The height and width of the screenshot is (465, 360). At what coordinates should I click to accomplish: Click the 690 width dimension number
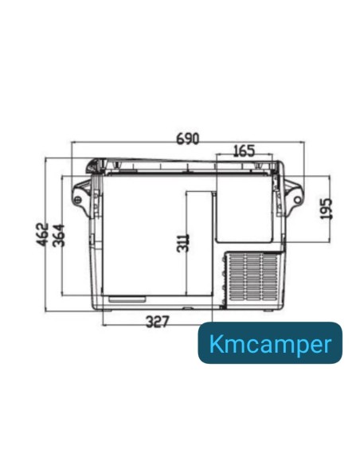[187, 138]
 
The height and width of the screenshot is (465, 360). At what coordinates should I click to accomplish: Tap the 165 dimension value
[243, 150]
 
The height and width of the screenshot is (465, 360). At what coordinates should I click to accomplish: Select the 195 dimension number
[325, 209]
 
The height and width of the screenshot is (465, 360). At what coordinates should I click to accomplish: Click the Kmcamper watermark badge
[270, 343]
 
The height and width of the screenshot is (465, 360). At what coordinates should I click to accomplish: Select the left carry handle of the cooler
[82, 193]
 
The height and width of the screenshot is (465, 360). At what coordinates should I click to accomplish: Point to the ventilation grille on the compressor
[252, 279]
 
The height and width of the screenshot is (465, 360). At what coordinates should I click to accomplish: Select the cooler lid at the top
[183, 165]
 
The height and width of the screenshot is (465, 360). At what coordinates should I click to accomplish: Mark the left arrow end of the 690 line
[72, 144]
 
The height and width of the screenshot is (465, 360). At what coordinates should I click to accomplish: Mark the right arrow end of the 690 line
[304, 144]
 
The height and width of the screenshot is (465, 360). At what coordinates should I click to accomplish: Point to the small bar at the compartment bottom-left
[127, 299]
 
